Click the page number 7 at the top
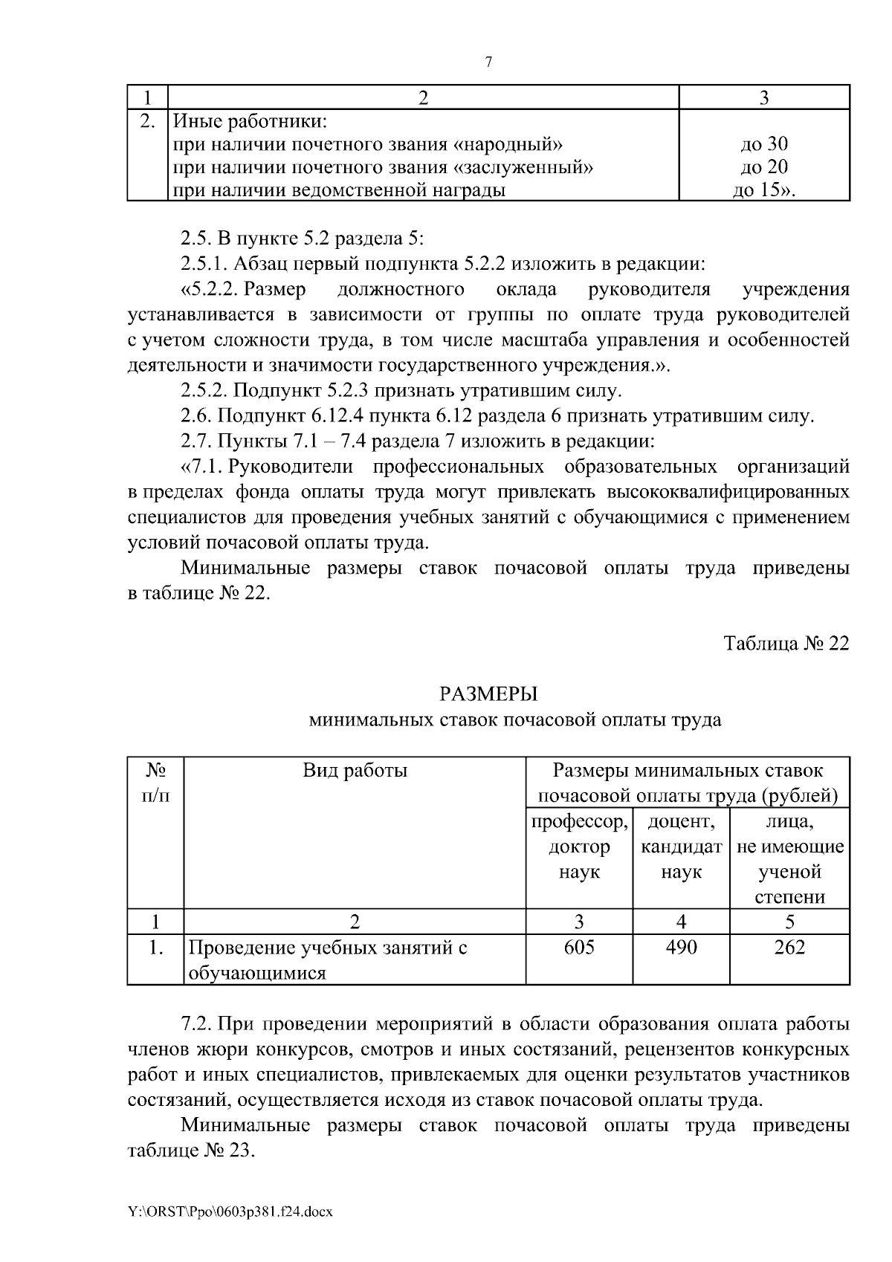coord(488,62)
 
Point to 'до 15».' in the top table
coord(764,190)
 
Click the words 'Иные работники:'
coord(250,121)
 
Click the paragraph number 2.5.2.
coord(205,390)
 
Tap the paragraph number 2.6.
coord(196,415)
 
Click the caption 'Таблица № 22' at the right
coord(786,643)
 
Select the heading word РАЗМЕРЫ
coord(488,694)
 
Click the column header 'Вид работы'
coord(355,770)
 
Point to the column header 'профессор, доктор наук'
coord(579,847)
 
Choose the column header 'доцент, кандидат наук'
coord(681,847)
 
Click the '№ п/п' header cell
coord(155,783)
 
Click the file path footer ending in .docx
coord(230,1212)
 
